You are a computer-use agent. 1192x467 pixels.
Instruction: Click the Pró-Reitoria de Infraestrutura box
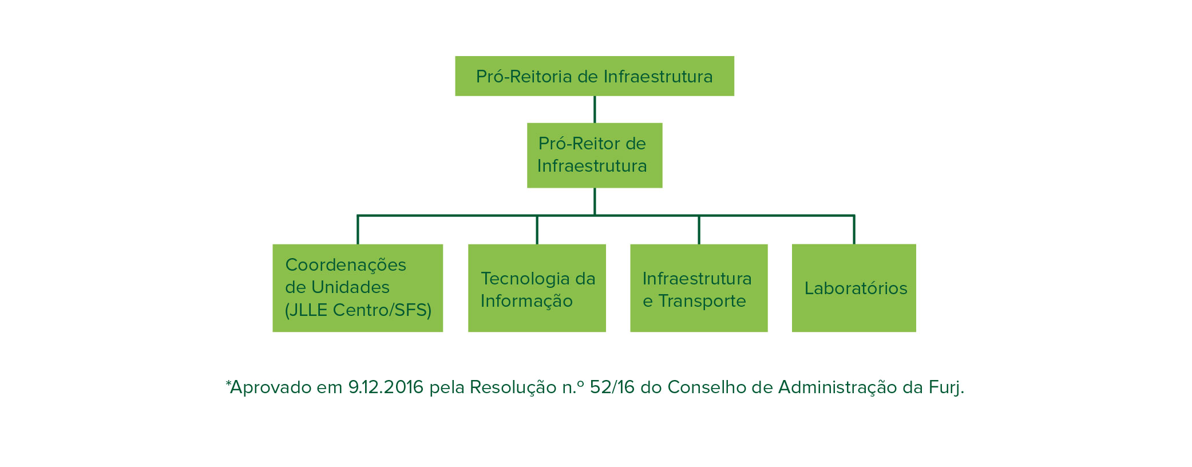(x=595, y=76)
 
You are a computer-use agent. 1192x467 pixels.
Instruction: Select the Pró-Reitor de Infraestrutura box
(x=595, y=155)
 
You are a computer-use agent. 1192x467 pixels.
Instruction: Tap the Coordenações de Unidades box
(x=358, y=288)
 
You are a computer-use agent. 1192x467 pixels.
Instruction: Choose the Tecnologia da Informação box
(x=537, y=288)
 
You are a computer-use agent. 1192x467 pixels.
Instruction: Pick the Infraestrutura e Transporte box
(x=699, y=288)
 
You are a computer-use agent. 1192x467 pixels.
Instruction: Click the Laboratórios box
(x=854, y=288)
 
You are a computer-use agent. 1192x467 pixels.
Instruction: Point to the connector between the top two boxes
(x=595, y=109)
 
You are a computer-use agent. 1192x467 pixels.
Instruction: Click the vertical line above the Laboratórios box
(x=854, y=229)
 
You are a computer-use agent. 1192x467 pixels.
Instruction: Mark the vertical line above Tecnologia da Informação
(x=537, y=229)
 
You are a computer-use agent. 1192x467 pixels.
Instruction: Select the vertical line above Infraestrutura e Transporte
(x=699, y=229)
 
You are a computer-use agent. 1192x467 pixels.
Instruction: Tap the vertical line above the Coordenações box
(x=358, y=229)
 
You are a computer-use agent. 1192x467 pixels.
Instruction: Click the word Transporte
(x=702, y=301)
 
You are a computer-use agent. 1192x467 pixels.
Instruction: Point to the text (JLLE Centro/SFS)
(x=358, y=310)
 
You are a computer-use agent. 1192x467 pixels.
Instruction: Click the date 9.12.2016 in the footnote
(x=386, y=387)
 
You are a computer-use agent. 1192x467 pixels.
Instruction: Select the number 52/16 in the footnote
(x=612, y=387)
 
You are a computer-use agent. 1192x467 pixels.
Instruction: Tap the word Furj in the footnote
(x=944, y=388)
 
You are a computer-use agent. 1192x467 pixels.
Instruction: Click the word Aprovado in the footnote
(x=270, y=388)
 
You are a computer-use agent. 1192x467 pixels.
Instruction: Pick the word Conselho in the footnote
(x=707, y=387)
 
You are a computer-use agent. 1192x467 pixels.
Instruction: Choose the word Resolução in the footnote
(x=513, y=388)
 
